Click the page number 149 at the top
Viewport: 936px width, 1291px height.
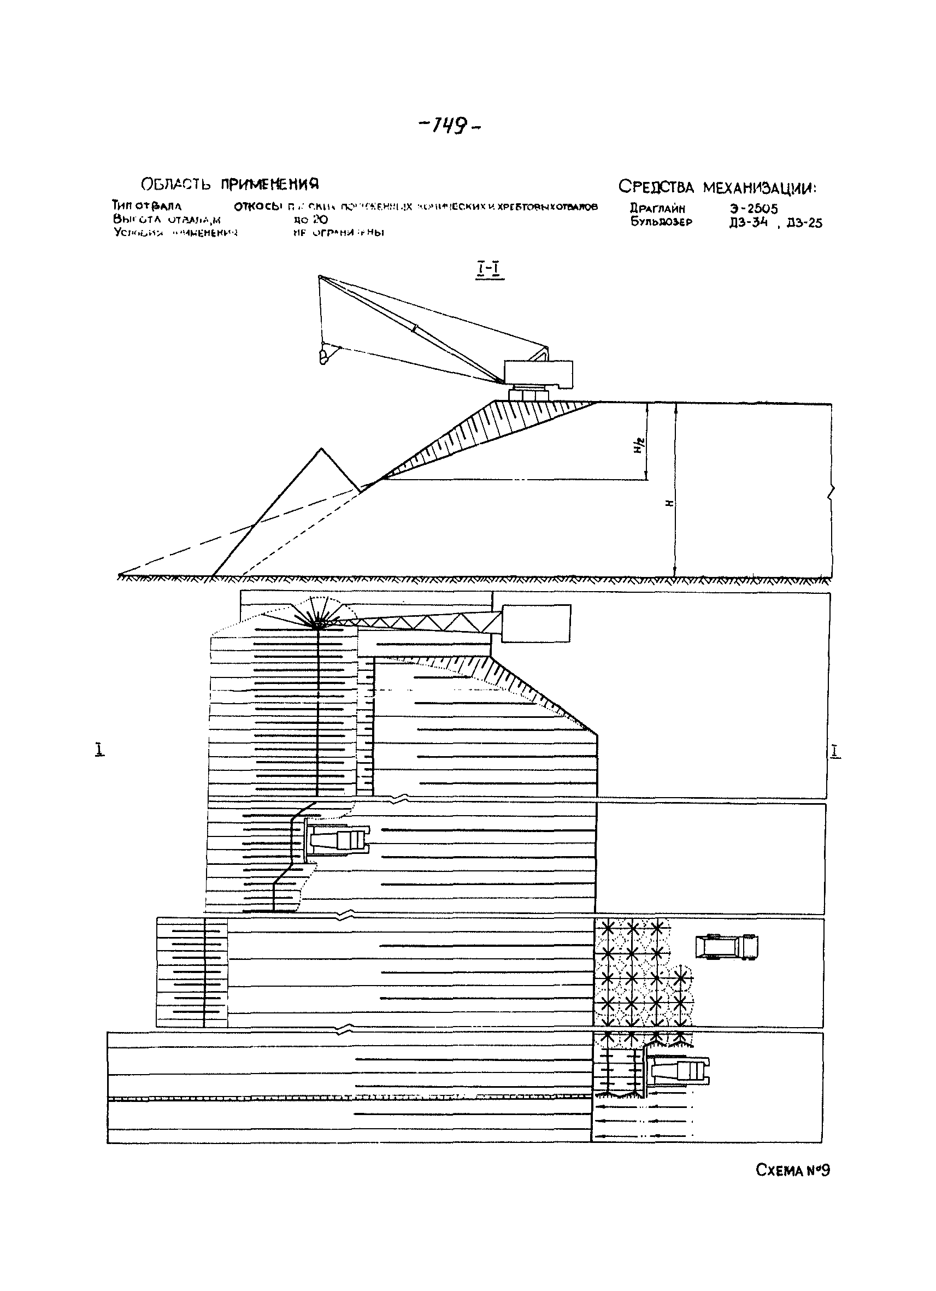(x=450, y=126)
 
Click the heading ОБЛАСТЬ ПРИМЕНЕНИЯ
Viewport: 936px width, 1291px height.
(x=229, y=184)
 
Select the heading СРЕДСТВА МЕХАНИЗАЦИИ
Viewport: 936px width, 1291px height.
(x=717, y=187)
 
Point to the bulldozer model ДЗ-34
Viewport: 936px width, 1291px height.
(x=748, y=222)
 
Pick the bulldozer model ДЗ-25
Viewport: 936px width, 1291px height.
(x=804, y=223)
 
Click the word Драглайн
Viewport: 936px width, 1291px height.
(x=657, y=208)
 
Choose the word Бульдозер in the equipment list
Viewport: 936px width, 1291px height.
(x=661, y=222)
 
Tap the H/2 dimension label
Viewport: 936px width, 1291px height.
(x=638, y=446)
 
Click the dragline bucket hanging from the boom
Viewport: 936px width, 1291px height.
(x=324, y=356)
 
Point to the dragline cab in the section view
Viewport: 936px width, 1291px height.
(x=539, y=373)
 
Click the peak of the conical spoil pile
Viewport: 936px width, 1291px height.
(x=322, y=450)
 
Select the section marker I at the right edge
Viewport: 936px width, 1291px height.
(x=835, y=751)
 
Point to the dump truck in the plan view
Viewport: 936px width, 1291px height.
(x=727, y=947)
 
